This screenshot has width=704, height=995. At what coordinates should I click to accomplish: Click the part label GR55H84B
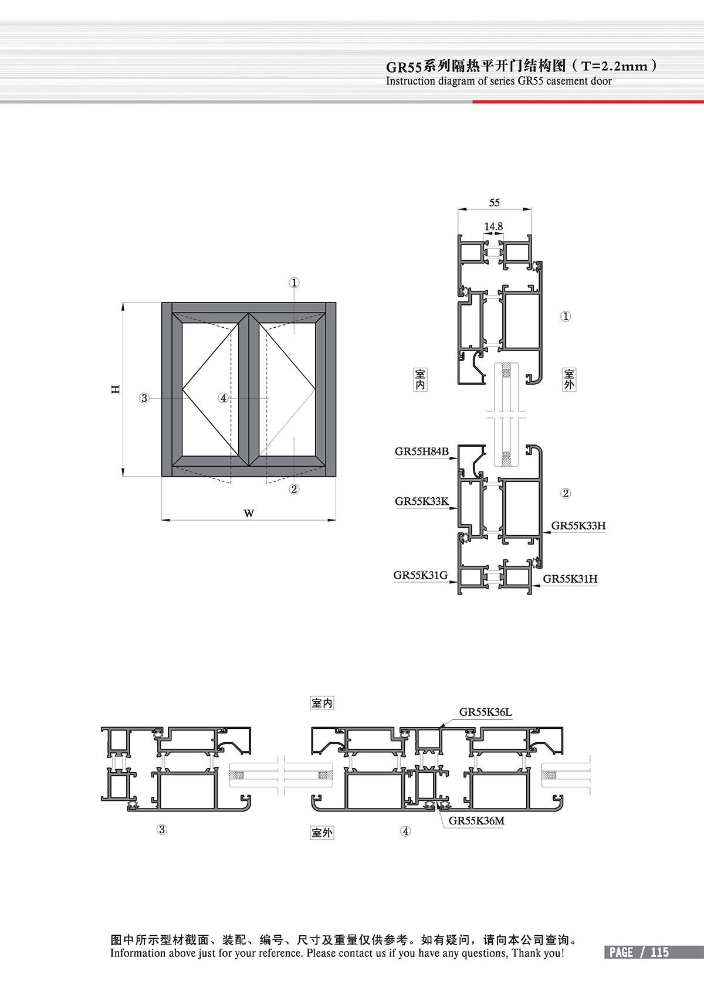[x=421, y=451]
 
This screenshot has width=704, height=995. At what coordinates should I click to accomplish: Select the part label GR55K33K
[x=421, y=501]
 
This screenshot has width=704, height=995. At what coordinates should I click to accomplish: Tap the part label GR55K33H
[x=578, y=525]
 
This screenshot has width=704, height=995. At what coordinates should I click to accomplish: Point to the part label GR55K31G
[x=421, y=575]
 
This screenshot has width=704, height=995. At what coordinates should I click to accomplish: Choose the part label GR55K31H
[x=570, y=579]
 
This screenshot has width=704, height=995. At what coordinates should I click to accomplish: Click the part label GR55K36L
[x=485, y=712]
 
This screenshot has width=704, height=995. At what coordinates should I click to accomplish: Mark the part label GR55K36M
[x=476, y=820]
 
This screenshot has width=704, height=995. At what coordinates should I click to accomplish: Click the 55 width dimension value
[x=495, y=202]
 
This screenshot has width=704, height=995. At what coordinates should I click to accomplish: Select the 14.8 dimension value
[x=493, y=226]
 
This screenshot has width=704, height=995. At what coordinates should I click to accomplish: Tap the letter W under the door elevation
[x=249, y=514]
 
